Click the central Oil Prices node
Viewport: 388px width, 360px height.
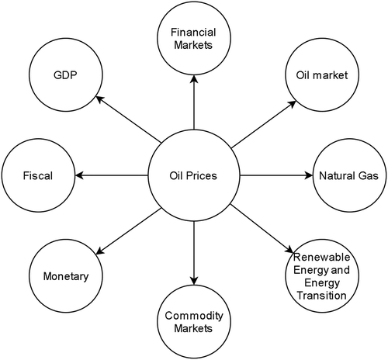[194, 175]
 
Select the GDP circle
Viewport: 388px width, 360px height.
[66, 75]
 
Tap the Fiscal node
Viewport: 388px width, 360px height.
[38, 175]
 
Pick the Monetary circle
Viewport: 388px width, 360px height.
[66, 276]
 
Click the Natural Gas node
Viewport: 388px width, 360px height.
[349, 175]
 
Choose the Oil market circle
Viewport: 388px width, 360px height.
[322, 75]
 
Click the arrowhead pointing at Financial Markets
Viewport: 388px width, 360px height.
[194, 79]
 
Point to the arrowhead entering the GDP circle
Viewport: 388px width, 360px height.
[100, 99]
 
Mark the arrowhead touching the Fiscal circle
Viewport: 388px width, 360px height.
[79, 175]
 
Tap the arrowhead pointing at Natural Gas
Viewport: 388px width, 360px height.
[309, 175]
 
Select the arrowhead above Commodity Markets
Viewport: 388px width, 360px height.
[194, 281]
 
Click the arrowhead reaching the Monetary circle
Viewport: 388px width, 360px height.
[100, 251]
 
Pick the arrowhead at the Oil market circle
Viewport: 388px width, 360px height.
[292, 104]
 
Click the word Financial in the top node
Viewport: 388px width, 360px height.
[193, 33]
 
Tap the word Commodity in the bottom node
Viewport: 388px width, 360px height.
[194, 316]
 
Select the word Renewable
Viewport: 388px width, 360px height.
[322, 257]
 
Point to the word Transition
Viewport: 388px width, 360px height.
[322, 296]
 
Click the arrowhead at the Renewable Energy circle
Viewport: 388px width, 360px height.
[289, 250]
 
